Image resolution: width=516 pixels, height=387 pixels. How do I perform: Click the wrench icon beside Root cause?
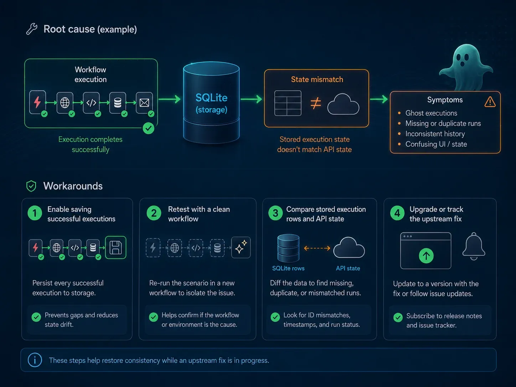pyautogui.click(x=32, y=29)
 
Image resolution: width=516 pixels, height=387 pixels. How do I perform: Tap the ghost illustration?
pyautogui.click(x=466, y=67)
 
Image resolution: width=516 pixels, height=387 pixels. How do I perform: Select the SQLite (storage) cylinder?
pyautogui.click(x=211, y=103)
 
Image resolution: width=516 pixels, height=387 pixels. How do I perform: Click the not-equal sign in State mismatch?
pyautogui.click(x=316, y=103)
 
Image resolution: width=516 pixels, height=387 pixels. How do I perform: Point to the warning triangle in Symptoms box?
pyautogui.click(x=490, y=102)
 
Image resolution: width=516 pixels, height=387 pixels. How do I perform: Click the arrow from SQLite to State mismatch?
pyautogui.click(x=251, y=99)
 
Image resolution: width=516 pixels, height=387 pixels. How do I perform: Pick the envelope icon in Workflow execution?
pyautogui.click(x=144, y=102)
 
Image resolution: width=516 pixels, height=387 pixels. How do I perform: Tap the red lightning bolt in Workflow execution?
pyautogui.click(x=37, y=102)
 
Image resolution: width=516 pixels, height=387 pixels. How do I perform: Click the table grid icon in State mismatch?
pyautogui.click(x=288, y=103)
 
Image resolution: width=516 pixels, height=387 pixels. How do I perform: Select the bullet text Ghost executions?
pyautogui.click(x=431, y=113)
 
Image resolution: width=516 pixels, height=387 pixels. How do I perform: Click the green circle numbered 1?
pyautogui.click(x=35, y=213)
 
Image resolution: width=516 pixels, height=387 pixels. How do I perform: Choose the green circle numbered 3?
pyautogui.click(x=275, y=213)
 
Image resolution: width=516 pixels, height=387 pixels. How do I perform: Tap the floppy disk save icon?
pyautogui.click(x=116, y=247)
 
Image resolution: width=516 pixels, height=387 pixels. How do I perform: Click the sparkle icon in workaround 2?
pyautogui.click(x=241, y=247)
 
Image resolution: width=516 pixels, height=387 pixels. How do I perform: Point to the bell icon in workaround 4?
pyautogui.click(x=474, y=246)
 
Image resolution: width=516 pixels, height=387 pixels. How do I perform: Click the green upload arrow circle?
pyautogui.click(x=426, y=256)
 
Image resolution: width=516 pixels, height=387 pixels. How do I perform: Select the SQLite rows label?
pyautogui.click(x=288, y=268)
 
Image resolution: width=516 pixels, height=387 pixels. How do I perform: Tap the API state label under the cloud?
pyautogui.click(x=348, y=268)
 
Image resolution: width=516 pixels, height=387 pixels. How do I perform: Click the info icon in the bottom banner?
pyautogui.click(x=35, y=360)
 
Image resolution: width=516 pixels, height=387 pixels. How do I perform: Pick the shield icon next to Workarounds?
pyautogui.click(x=31, y=186)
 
